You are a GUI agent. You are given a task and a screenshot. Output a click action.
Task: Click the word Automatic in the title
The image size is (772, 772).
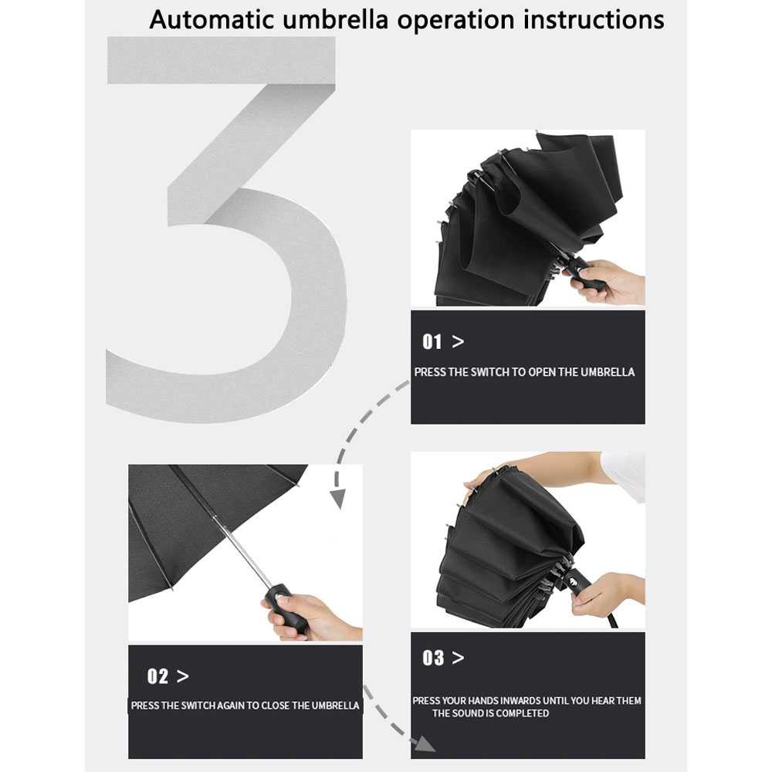click(212, 20)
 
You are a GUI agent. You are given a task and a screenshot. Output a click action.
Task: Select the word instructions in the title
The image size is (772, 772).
click(593, 20)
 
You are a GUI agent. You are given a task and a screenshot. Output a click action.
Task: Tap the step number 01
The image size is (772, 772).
click(432, 342)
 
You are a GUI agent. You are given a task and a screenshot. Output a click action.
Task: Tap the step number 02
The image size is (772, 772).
click(157, 676)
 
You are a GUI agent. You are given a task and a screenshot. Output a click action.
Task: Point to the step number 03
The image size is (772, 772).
click(433, 658)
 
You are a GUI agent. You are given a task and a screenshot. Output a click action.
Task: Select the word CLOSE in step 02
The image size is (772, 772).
click(275, 706)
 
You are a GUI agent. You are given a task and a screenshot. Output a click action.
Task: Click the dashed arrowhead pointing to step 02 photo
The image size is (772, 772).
click(338, 498)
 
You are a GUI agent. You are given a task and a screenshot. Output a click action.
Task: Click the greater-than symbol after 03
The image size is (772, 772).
click(458, 658)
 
